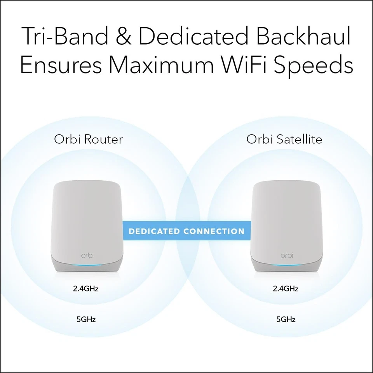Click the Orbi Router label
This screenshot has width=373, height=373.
click(88, 139)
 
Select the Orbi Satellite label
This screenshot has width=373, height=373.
click(284, 139)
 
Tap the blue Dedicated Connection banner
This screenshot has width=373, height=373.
click(186, 232)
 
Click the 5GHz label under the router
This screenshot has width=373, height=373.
click(86, 320)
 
